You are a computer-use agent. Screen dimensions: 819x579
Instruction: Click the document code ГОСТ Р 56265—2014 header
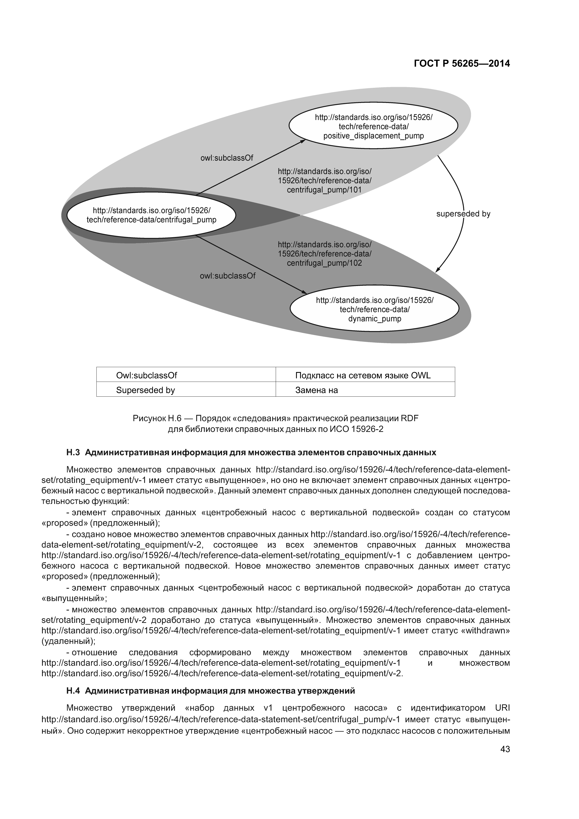pyautogui.click(x=462, y=64)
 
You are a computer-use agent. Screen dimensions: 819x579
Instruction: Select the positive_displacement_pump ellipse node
pyautogui.click(x=373, y=127)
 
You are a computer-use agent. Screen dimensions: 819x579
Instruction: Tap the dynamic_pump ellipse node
pyautogui.click(x=374, y=309)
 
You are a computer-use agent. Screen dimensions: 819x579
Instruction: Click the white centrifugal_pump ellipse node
pyautogui.click(x=151, y=215)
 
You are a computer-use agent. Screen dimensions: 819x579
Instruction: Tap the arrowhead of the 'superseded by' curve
pyautogui.click(x=438, y=270)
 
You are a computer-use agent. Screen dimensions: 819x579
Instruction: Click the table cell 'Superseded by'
pyautogui.click(x=145, y=390)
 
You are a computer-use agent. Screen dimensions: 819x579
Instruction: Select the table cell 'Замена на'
pyautogui.click(x=316, y=390)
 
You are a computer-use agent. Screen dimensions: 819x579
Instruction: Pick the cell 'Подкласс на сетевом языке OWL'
pyautogui.click(x=363, y=375)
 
